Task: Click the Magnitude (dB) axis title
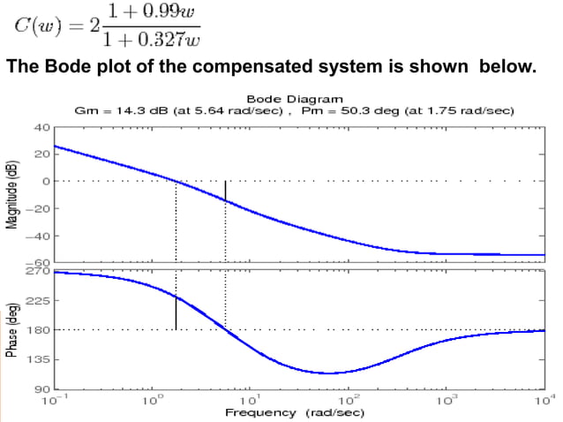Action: pyautogui.click(x=12, y=195)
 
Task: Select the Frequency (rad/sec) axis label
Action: pyautogui.click(x=295, y=412)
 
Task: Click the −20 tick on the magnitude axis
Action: pyautogui.click(x=40, y=208)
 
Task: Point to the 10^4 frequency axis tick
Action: pyautogui.click(x=546, y=400)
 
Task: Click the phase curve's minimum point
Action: pyautogui.click(x=327, y=373)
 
